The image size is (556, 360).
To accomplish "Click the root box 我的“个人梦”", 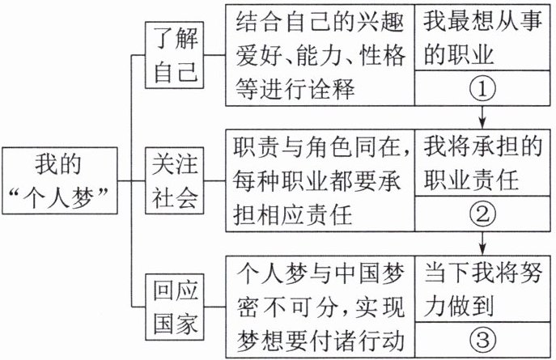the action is [x=60, y=180].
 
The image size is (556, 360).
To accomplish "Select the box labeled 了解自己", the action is [x=175, y=55].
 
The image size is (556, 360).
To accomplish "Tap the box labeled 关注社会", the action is [x=175, y=180].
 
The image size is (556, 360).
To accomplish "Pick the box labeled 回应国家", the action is [x=175, y=307].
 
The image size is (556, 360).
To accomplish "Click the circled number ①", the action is [x=482, y=88].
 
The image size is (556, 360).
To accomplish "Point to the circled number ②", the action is [x=482, y=214].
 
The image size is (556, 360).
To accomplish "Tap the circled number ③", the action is [x=482, y=340].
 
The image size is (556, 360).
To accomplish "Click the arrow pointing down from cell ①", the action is [x=482, y=117].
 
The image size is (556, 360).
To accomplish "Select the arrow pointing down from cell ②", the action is [x=482, y=244].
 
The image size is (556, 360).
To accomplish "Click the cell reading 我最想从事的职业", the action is [x=482, y=37].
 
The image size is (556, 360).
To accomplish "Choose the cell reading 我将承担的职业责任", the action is [x=482, y=163].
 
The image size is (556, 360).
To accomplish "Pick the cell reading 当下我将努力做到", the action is [x=482, y=289].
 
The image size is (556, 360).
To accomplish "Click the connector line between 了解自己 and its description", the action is [x=215, y=55].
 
